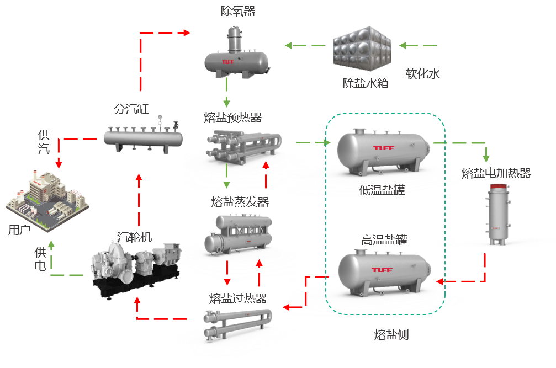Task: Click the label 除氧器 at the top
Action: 237,12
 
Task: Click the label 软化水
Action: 423,74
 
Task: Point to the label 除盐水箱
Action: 366,83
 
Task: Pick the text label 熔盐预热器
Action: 232,118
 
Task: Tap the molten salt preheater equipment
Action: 244,146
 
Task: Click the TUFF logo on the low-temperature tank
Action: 383,148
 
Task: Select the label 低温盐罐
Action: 382,190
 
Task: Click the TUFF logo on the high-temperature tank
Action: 382,270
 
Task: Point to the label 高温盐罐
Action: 384,240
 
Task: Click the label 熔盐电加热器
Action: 496,173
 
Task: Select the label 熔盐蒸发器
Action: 240,202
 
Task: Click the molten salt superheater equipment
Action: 237,324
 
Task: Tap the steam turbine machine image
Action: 136,269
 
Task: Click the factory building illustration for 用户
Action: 47,201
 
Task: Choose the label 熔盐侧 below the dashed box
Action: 391,335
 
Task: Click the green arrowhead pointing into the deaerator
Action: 288,45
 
